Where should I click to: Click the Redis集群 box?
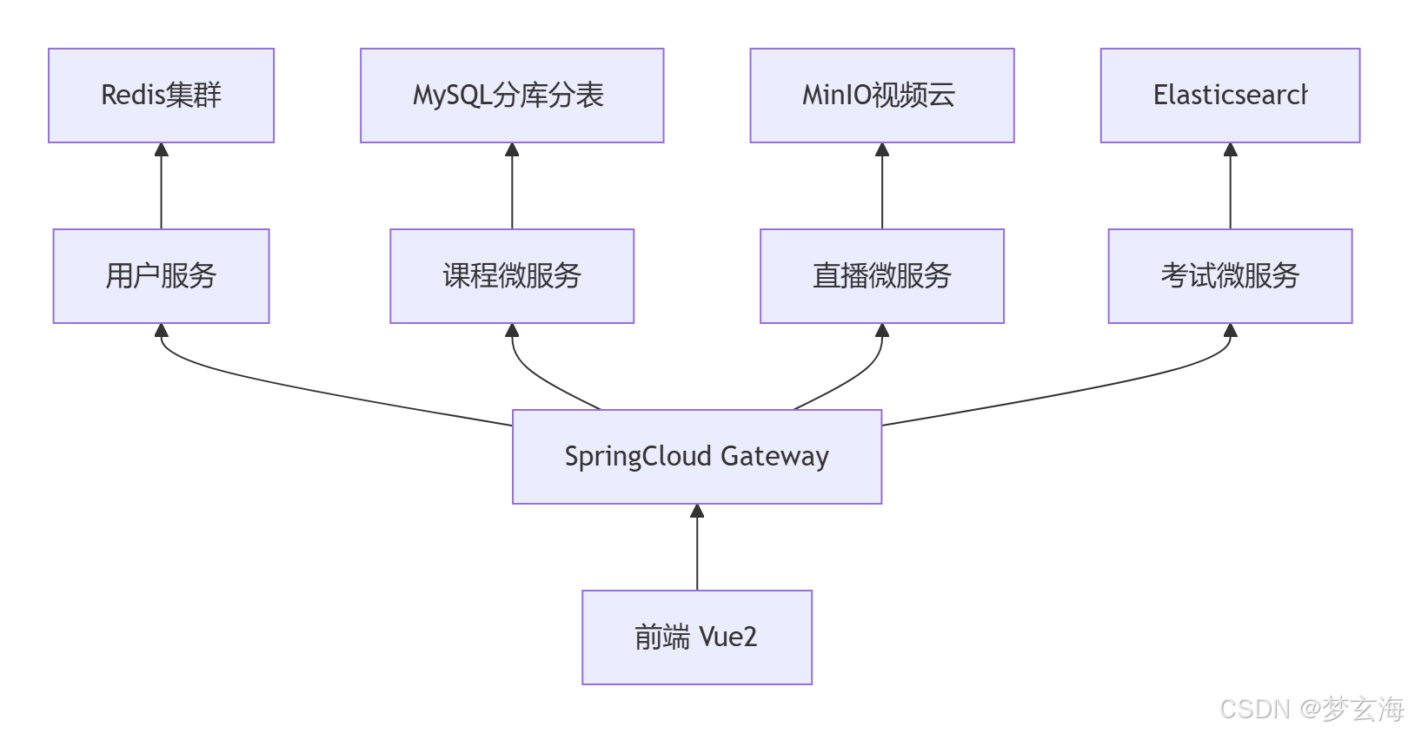coord(161,96)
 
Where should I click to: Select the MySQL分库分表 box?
coord(512,96)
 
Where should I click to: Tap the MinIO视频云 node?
coord(881,96)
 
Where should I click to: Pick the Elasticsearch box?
coord(1230,96)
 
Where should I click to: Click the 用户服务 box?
coord(161,276)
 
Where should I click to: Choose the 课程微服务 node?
coord(512,276)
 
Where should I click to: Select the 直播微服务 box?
coord(881,276)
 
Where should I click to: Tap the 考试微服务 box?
coord(1230,276)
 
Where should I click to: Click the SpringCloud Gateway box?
coord(697,457)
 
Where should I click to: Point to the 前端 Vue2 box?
coord(697,637)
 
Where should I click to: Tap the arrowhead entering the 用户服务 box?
coord(161,331)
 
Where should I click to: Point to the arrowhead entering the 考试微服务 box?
coord(1230,331)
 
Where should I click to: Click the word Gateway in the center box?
coord(774,457)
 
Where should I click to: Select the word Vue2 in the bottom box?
coord(728,637)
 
